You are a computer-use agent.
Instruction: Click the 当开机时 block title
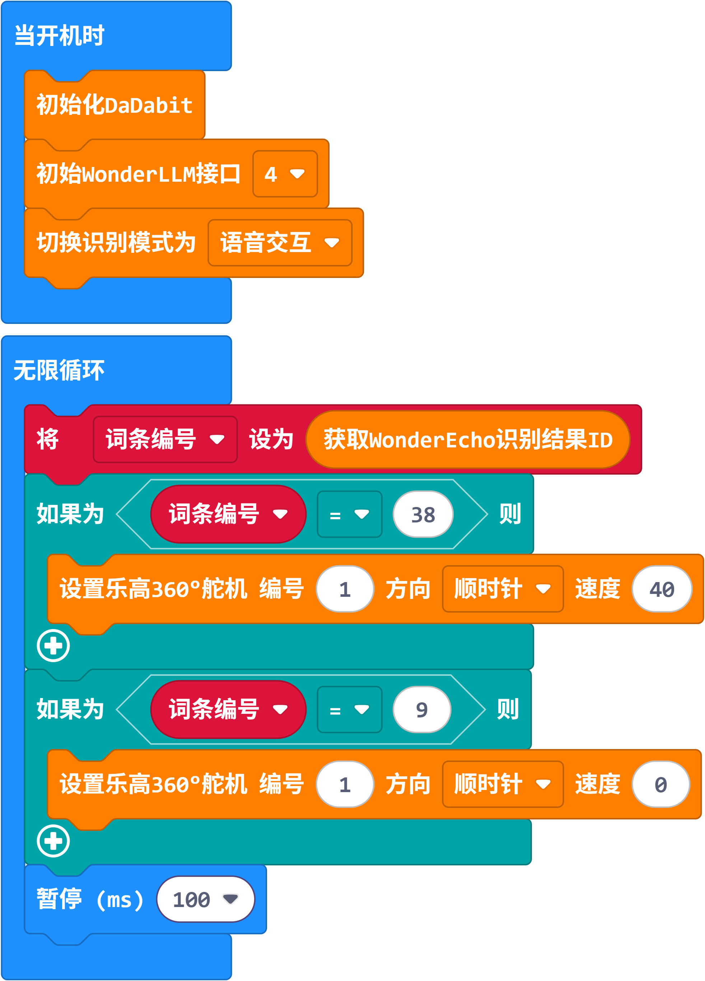pos(59,36)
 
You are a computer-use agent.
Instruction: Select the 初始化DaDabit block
pos(115,105)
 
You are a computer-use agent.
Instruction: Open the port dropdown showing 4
pos(285,174)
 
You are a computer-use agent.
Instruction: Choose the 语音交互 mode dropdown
pos(280,243)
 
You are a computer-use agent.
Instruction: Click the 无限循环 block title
pos(59,370)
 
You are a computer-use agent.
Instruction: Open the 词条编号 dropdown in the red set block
pos(165,440)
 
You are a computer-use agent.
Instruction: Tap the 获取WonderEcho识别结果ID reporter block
pos(468,440)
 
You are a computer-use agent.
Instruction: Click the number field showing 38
pos(423,514)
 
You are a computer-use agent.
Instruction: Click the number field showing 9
pos(422,710)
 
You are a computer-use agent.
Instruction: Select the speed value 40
pos(662,589)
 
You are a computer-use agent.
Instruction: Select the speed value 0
pos(660,784)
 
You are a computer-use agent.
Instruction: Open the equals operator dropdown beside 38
pos(350,514)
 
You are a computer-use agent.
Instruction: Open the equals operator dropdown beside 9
pos(350,710)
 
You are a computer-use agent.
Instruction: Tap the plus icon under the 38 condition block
pos(53,646)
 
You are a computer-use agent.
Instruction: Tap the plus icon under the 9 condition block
pos(53,841)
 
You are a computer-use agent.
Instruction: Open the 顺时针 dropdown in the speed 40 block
pos(503,589)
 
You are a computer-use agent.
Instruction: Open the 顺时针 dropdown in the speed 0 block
pos(503,784)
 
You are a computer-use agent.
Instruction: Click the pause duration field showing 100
pos(205,899)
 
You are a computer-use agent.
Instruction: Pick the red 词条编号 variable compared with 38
pos(228,514)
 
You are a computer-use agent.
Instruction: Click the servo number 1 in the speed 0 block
pos(345,784)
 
